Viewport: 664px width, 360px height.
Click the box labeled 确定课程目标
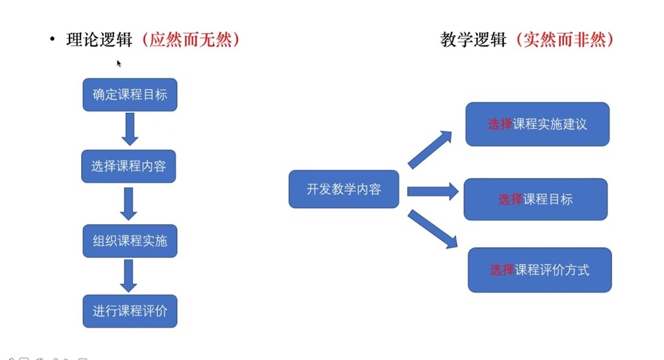click(x=130, y=95)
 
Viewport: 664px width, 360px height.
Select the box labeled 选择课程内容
click(x=129, y=166)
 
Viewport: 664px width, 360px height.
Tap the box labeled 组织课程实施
click(x=130, y=241)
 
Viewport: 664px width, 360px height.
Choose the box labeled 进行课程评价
click(x=130, y=311)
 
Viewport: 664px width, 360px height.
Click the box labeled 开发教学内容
click(x=344, y=189)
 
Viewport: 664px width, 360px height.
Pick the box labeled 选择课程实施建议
click(x=538, y=124)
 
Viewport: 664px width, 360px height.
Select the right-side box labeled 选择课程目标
click(x=536, y=199)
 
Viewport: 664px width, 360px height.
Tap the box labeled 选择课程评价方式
click(x=540, y=270)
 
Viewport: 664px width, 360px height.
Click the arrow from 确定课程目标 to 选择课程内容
click(x=130, y=129)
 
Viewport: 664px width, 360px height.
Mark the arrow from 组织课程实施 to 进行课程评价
click(x=128, y=276)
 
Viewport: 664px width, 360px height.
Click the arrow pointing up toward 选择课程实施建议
click(x=430, y=149)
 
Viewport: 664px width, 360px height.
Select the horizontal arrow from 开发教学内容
click(x=433, y=191)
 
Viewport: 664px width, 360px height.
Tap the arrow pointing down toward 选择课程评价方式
click(x=433, y=229)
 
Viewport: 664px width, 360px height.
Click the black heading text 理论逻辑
click(x=99, y=40)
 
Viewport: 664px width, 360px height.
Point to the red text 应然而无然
click(x=191, y=40)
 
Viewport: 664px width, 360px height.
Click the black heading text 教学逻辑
click(x=473, y=40)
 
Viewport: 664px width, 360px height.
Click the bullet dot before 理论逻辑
click(x=52, y=40)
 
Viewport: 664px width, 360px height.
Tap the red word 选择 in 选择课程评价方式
click(x=502, y=270)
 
